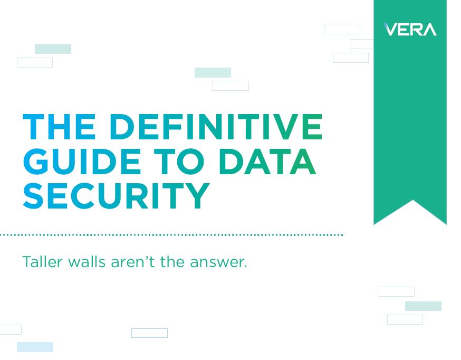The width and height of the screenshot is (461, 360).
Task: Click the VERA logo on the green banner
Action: click(x=410, y=30)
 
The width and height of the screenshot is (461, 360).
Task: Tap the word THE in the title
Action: click(x=59, y=127)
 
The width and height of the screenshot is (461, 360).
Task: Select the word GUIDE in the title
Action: click(x=79, y=161)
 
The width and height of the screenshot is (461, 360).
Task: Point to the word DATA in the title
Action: click(x=267, y=161)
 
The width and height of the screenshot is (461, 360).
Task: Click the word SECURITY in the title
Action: click(x=117, y=195)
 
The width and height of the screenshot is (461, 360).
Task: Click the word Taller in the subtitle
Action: click(x=41, y=262)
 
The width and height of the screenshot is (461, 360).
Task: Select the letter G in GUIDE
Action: click(x=36, y=161)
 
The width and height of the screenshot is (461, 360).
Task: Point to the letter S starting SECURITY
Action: click(x=35, y=195)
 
